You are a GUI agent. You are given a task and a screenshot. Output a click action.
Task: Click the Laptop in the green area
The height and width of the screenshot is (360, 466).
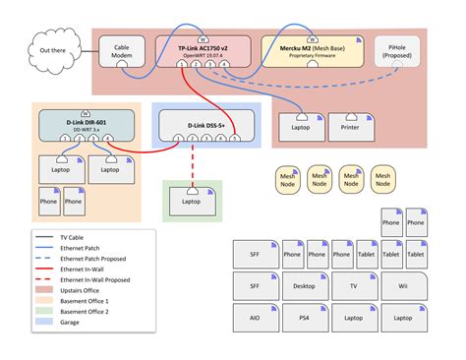click(193, 201)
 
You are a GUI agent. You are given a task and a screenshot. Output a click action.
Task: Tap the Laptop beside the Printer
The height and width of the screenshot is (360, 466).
click(302, 126)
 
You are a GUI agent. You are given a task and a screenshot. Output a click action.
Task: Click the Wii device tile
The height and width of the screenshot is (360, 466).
click(403, 287)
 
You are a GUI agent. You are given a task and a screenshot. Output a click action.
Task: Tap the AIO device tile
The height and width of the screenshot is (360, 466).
click(255, 319)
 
